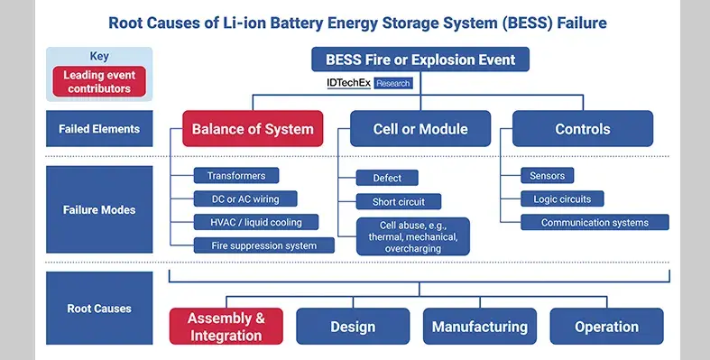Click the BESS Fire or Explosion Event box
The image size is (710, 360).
coord(420,60)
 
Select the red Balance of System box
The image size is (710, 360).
coord(252,129)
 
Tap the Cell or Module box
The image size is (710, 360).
coord(420,129)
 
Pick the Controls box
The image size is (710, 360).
coord(583,129)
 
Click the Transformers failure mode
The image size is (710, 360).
coord(236,175)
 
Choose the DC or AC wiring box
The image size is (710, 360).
coord(245,198)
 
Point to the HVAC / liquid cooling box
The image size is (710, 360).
coord(249,222)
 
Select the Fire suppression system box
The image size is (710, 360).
coord(264,245)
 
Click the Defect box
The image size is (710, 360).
coord(388,178)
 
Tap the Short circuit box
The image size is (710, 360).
coord(398,201)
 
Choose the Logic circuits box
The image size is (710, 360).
coord(562,198)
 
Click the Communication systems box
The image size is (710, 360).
coord(595,222)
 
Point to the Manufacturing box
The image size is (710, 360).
coord(479,327)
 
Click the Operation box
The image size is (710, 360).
coord(606,327)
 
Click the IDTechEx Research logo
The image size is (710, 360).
coord(368,83)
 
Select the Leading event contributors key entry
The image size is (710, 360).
coord(98,81)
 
